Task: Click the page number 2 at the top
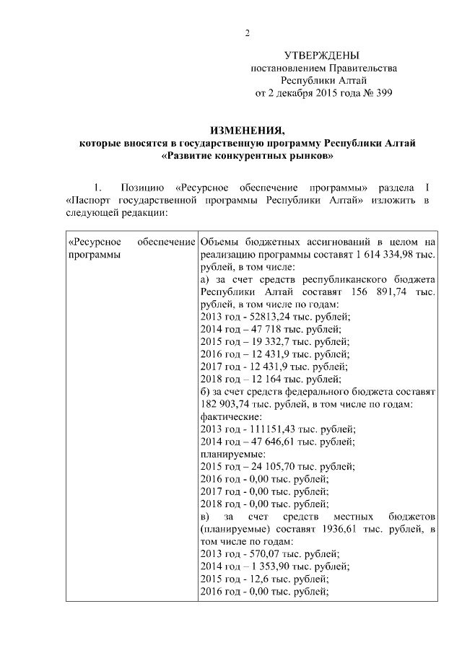pos(247,32)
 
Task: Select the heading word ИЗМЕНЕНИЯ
pos(247,131)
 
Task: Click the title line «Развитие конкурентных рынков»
pos(247,155)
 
